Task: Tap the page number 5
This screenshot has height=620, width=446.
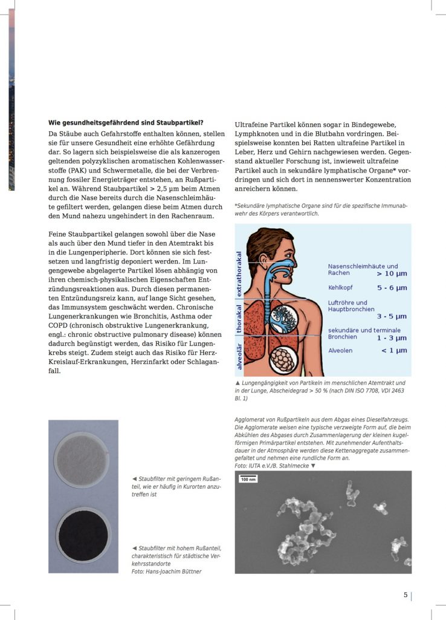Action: coord(406,595)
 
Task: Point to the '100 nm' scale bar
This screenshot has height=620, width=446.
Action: coord(248,480)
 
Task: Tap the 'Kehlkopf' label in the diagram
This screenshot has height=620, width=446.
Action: coord(340,288)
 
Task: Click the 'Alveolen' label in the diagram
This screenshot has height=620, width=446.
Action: coord(340,350)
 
